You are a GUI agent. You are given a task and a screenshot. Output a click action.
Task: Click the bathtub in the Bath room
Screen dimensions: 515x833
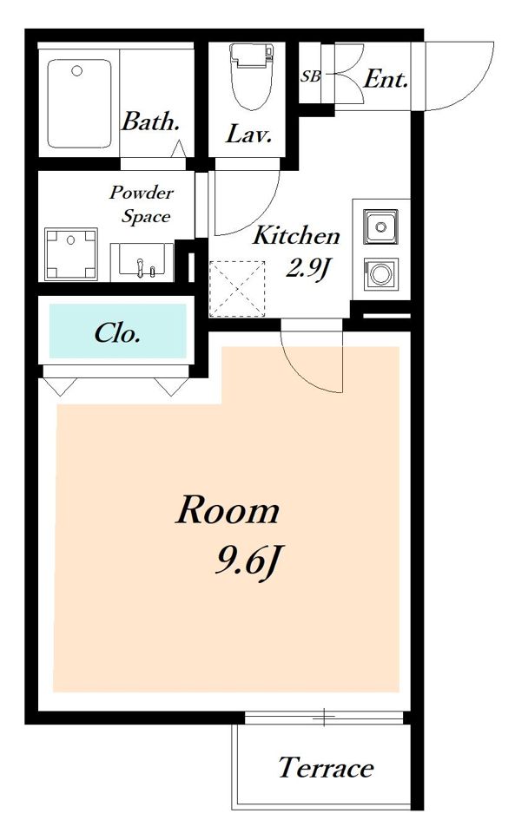tap(80, 103)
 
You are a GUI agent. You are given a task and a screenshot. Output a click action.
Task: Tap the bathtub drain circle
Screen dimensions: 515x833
tap(77, 70)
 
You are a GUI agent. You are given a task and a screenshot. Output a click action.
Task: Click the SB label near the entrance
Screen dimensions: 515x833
tap(311, 76)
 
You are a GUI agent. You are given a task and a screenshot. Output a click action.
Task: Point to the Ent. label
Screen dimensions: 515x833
tap(386, 80)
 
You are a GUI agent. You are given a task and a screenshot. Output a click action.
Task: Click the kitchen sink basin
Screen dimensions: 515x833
tap(380, 227)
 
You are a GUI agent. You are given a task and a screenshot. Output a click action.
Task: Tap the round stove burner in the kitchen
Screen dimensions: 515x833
tap(380, 274)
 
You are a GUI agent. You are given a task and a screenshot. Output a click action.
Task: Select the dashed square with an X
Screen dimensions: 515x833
tap(237, 288)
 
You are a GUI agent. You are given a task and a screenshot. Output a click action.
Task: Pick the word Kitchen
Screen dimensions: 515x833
tap(296, 236)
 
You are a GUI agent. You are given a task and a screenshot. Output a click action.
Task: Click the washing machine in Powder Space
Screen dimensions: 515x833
tap(71, 254)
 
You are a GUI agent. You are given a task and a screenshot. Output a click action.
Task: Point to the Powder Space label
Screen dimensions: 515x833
tap(142, 205)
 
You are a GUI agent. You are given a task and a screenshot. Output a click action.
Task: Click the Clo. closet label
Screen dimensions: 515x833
tap(117, 333)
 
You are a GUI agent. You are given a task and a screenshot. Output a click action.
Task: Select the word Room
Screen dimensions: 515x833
tap(228, 510)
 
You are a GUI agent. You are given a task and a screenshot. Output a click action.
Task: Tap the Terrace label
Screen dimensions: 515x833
tap(326, 767)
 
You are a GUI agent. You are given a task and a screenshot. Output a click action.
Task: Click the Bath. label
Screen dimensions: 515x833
tap(150, 121)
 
